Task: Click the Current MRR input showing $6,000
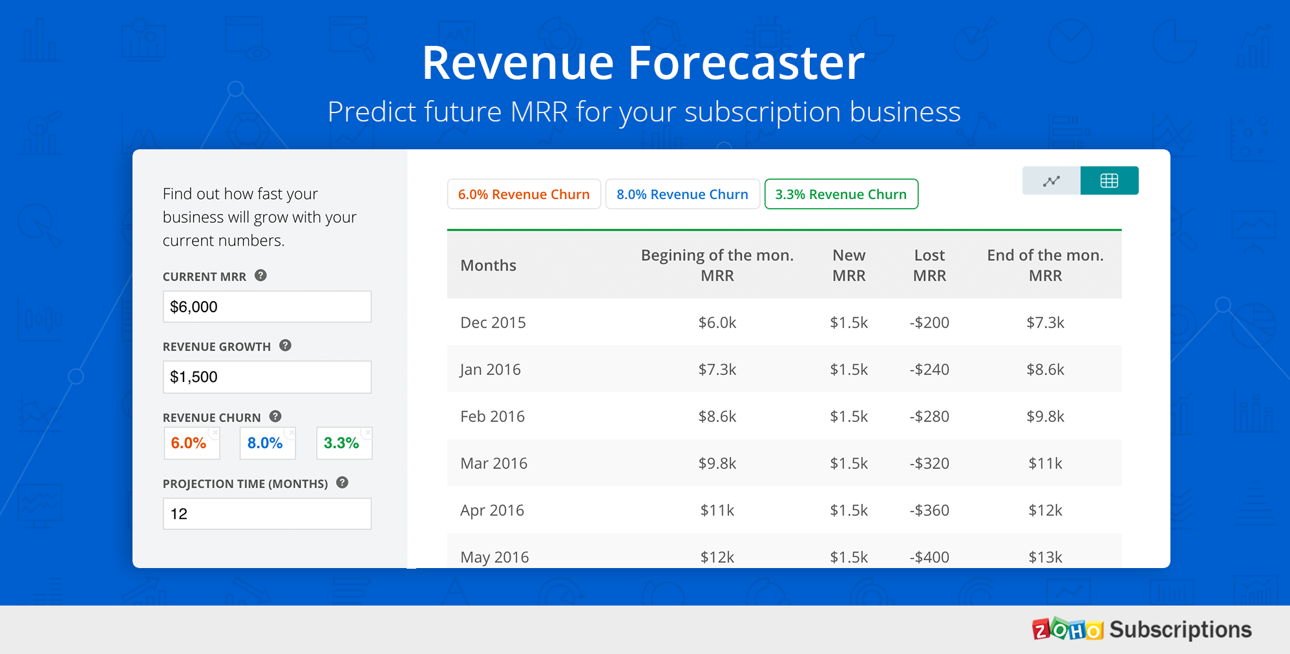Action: [x=267, y=306]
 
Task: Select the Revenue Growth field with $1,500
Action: [x=267, y=377]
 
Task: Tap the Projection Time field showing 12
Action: [x=267, y=514]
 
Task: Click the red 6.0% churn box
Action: [x=192, y=443]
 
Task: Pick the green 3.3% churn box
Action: [x=344, y=443]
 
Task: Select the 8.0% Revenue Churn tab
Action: [x=682, y=194]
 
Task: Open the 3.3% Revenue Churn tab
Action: [x=841, y=194]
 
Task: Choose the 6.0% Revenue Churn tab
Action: [x=524, y=194]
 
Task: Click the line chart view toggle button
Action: [x=1052, y=181]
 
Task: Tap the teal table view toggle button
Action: [x=1109, y=181]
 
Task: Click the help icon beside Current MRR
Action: [x=260, y=275]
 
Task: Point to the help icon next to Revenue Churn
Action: [x=275, y=416]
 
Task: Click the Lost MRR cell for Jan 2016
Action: [x=929, y=370]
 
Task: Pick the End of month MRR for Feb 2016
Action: [x=1045, y=417]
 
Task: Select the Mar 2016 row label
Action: [x=494, y=463]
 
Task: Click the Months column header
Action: [x=489, y=266]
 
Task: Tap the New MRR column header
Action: [x=849, y=266]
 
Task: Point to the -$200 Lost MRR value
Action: [x=929, y=322]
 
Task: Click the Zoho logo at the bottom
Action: [x=1068, y=629]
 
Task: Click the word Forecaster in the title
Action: [x=746, y=63]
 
